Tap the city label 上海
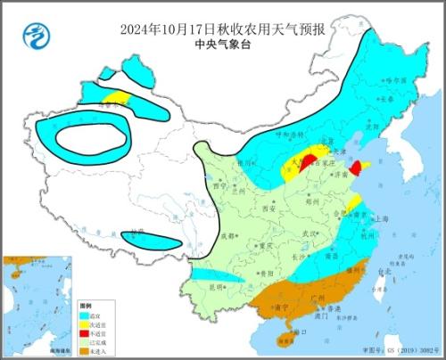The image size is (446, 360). (382, 217)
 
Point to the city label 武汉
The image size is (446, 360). (311, 233)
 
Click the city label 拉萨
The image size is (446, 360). (135, 233)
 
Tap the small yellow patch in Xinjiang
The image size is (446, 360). (114, 96)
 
